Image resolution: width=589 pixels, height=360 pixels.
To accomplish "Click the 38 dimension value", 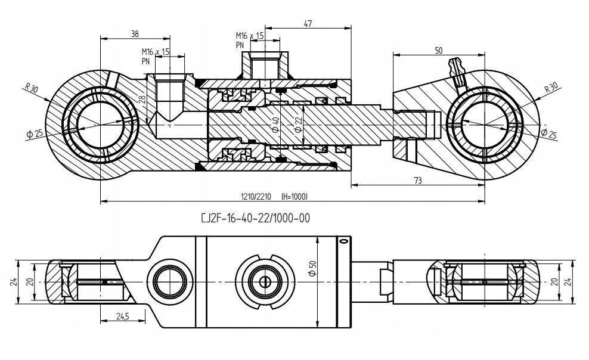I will point(135,33).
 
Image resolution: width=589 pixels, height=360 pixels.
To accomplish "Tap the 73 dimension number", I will point(418,179).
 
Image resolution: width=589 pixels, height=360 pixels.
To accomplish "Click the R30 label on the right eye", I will point(551,88).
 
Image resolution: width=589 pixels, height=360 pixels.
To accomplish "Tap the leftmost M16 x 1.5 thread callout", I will point(156,52).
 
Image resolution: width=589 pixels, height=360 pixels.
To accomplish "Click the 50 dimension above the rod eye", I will point(439,51).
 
